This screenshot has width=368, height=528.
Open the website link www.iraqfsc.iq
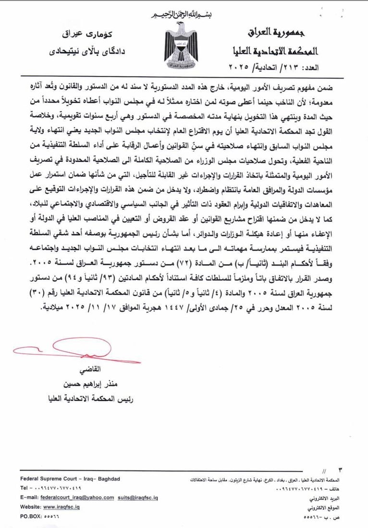point(62,506)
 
